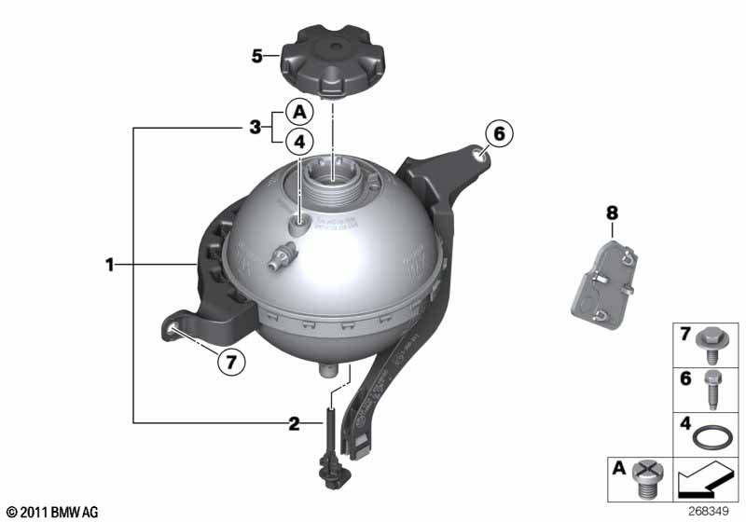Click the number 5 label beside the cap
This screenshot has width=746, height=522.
point(257,55)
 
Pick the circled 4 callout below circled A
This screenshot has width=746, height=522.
point(298,142)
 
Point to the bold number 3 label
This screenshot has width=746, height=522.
point(254,127)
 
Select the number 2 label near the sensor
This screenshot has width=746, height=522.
point(294,424)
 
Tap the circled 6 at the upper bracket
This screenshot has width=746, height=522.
point(498,134)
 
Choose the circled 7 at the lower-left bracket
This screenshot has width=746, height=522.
point(229,361)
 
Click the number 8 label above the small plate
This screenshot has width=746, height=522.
point(612,213)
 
